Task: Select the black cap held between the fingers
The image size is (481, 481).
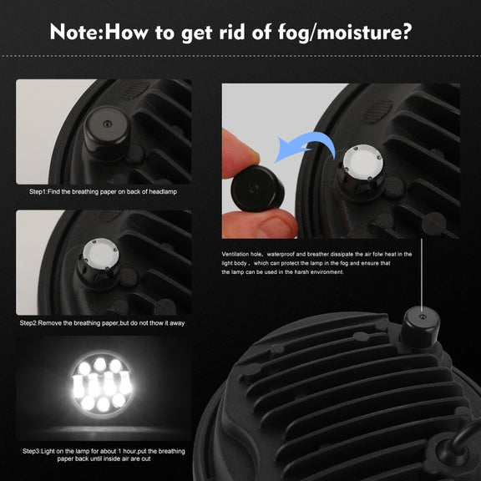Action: point(257,189)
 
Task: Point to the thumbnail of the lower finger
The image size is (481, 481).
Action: point(276,226)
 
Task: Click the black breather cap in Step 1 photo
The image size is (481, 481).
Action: point(107,132)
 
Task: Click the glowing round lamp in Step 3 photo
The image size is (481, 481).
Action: point(102,385)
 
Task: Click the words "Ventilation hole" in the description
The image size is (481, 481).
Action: point(241,254)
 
